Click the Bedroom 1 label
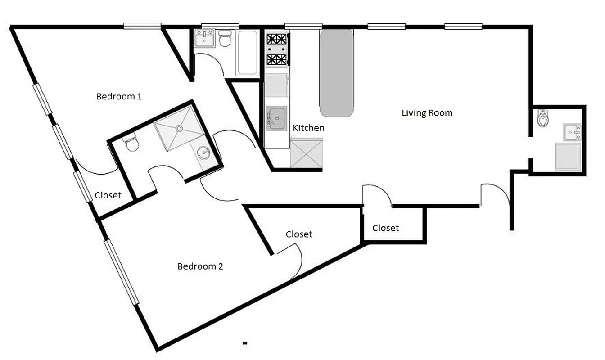pyautogui.click(x=119, y=96)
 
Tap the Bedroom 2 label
pyautogui.click(x=200, y=266)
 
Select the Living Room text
pyautogui.click(x=427, y=113)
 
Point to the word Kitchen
pyautogui.click(x=308, y=128)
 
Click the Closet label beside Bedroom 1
pyautogui.click(x=108, y=195)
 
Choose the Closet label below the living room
pyautogui.click(x=385, y=228)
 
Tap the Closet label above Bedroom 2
pyautogui.click(x=299, y=234)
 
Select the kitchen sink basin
pyautogui.click(x=276, y=118)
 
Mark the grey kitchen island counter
pyautogui.click(x=336, y=72)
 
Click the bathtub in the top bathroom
pyautogui.click(x=247, y=52)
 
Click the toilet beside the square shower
pyautogui.click(x=131, y=142)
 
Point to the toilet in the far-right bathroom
pyautogui.click(x=543, y=118)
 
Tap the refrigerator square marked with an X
pyautogui.click(x=306, y=154)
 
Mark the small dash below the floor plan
pyautogui.click(x=245, y=344)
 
